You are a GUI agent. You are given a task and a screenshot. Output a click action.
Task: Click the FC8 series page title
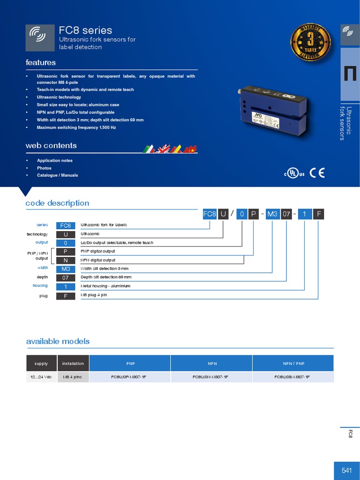tap(85, 30)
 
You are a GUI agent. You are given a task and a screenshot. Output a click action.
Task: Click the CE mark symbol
tap(317, 172)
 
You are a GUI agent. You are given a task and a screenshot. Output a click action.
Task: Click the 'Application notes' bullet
tap(55, 160)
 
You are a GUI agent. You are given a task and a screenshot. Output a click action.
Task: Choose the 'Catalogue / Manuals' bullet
tap(58, 175)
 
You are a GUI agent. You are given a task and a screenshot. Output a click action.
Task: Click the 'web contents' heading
tap(51, 146)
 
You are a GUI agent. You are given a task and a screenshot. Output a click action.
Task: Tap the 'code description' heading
tap(57, 203)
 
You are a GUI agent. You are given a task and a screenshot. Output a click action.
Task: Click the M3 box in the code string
tap(272, 214)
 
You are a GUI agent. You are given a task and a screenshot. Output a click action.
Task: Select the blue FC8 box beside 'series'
tap(66, 225)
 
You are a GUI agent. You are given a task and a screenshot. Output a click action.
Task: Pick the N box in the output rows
tap(66, 260)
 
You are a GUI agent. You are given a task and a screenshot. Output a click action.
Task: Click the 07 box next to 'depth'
tap(66, 277)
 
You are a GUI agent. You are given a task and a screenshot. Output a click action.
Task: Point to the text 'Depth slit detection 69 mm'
tap(106, 277)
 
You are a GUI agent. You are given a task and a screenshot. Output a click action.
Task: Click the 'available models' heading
tap(58, 341)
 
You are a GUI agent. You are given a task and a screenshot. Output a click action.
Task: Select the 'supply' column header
tap(41, 363)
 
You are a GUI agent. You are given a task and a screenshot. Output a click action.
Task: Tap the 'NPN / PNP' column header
tap(293, 363)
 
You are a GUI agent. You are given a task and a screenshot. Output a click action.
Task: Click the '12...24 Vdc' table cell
tap(41, 377)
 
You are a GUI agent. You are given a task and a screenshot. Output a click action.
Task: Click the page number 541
tap(346, 471)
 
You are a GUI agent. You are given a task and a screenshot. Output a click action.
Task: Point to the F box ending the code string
tap(319, 214)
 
